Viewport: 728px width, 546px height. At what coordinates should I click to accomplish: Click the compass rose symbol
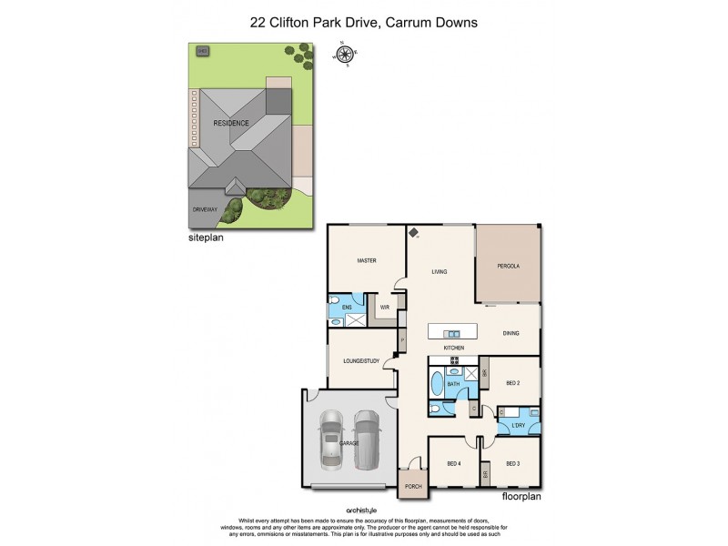[345, 55]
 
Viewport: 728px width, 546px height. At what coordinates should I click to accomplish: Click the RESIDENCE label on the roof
[230, 122]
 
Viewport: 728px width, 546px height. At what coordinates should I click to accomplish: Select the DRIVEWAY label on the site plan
[205, 209]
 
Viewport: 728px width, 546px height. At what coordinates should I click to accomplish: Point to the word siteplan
[205, 239]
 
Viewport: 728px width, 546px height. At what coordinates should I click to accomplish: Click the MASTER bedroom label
[367, 261]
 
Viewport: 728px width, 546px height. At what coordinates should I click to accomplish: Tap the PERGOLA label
[508, 267]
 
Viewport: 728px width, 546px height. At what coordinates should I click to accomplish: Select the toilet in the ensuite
[334, 300]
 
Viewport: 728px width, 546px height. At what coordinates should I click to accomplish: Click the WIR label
[385, 308]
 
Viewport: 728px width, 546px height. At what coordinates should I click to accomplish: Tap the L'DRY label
[519, 426]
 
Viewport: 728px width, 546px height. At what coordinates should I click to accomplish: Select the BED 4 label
[454, 464]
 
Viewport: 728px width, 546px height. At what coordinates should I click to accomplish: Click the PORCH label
[412, 489]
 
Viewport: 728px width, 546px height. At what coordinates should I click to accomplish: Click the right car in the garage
[367, 438]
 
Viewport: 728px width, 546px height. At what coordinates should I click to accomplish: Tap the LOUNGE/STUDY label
[361, 361]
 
